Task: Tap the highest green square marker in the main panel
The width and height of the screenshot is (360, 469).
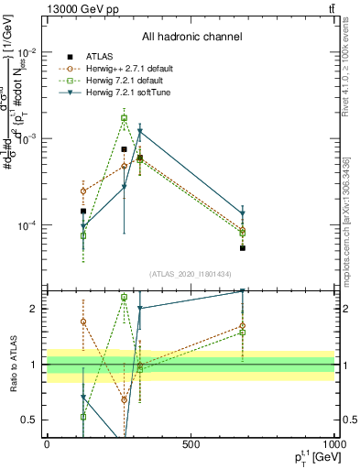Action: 124,118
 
